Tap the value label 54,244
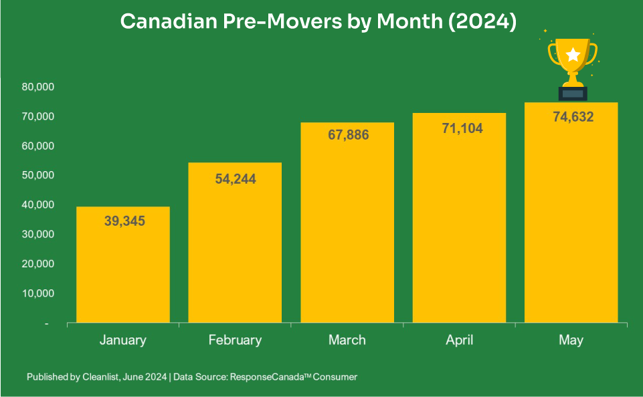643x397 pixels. tap(235, 179)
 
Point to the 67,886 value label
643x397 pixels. tap(347, 134)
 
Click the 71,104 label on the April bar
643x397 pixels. tap(459, 128)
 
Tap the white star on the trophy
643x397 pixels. tap(573, 55)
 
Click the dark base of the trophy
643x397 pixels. tap(572, 94)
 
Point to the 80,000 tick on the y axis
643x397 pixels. tap(37, 87)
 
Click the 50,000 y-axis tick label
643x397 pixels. tap(37, 175)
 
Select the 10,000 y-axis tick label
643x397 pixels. tap(37, 293)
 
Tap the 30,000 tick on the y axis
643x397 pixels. tap(37, 234)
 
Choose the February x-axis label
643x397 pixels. tap(235, 340)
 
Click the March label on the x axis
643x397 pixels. tap(347, 340)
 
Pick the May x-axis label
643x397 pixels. tap(571, 340)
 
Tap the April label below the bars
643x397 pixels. tap(459, 340)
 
